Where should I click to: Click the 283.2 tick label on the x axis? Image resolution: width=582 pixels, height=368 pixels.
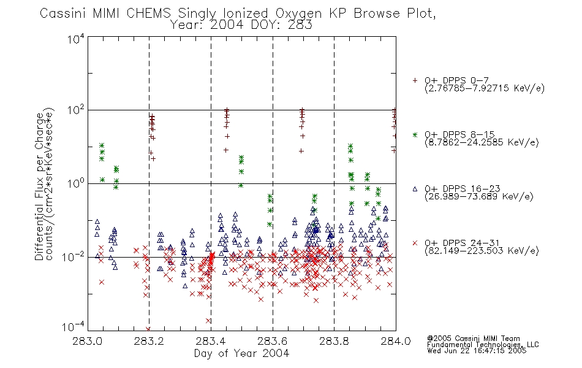[149, 341]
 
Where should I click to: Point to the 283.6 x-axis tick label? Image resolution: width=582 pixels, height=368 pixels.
[273, 341]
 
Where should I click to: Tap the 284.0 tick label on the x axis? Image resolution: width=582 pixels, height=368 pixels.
[396, 341]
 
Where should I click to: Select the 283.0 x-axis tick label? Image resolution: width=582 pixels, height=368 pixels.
[87, 341]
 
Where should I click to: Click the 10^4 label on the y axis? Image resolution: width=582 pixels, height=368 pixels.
[76, 38]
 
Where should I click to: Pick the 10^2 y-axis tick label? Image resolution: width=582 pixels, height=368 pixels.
[76, 110]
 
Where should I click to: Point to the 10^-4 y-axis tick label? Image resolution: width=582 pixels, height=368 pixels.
[73, 326]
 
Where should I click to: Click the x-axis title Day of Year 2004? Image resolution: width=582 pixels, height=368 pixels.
[241, 353]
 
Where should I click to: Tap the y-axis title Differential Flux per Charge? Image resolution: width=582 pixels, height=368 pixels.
[39, 186]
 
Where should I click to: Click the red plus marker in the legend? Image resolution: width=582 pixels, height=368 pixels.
[415, 80]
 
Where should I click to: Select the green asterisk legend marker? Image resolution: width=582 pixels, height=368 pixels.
[415, 134]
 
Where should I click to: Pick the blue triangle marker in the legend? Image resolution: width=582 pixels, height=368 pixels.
[415, 189]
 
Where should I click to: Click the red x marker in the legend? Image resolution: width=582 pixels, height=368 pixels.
[415, 243]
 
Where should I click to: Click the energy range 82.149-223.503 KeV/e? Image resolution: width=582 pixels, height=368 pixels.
[482, 251]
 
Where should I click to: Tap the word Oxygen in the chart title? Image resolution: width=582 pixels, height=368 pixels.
[298, 13]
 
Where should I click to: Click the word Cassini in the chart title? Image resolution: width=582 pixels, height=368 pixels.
[63, 13]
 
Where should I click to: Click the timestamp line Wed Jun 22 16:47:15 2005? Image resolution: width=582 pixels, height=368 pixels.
[477, 351]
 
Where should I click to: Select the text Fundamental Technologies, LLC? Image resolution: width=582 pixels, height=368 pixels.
[483, 345]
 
